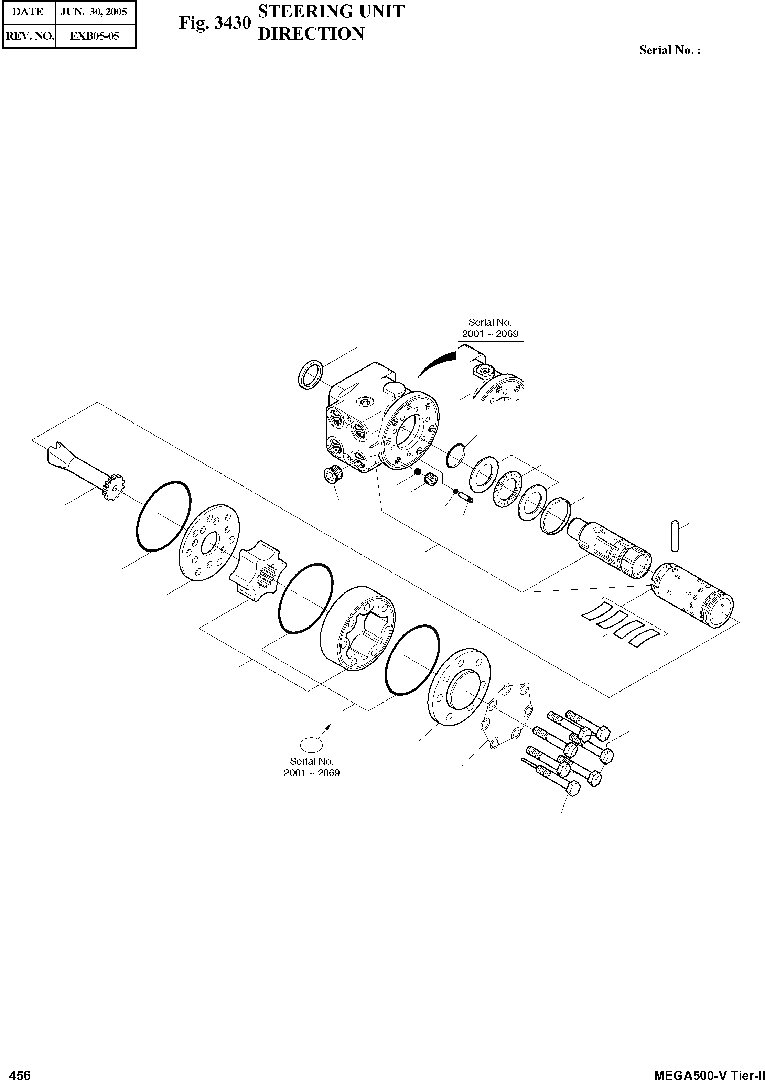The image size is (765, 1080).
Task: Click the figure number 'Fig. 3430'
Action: point(215,23)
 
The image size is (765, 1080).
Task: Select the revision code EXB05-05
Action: point(95,36)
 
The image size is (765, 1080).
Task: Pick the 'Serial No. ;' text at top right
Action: point(669,51)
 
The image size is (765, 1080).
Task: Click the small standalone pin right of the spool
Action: point(675,536)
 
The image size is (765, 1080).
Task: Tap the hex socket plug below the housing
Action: point(334,475)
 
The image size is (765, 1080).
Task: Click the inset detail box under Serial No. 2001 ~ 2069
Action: point(491,371)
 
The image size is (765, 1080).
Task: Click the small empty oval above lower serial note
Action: point(311,745)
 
